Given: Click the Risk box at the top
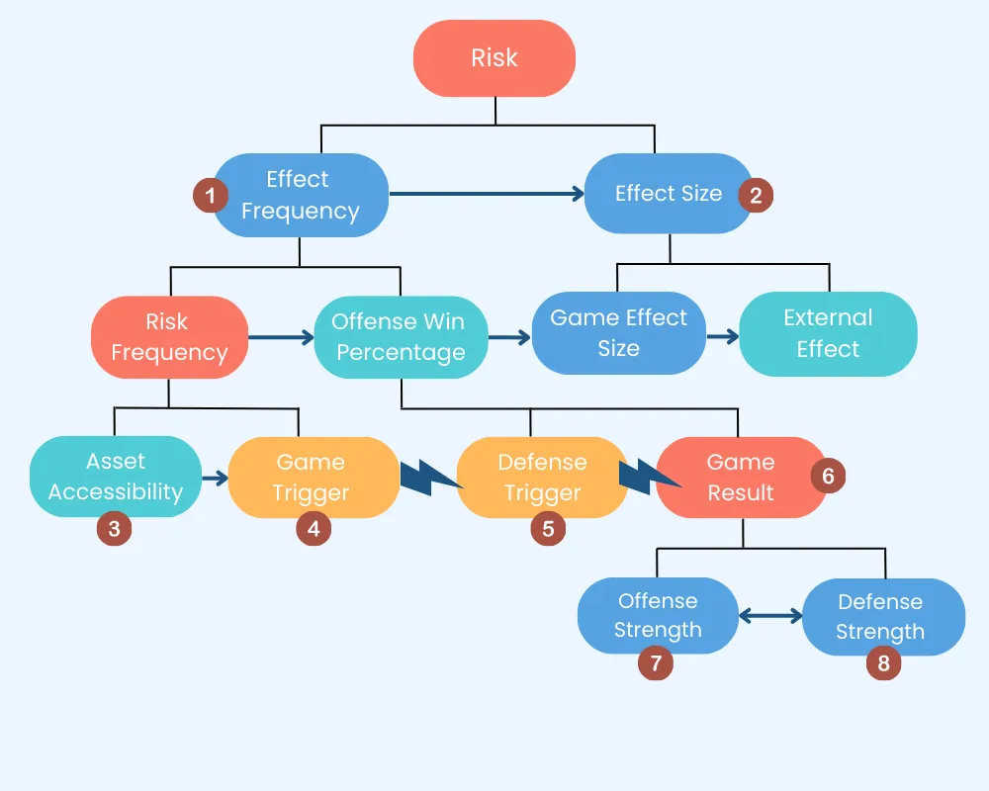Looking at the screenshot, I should (494, 58).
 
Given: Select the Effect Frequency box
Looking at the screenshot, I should (300, 195).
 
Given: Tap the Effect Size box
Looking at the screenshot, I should (669, 194).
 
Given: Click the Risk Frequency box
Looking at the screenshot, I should (169, 337).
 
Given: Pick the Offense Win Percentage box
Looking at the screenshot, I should (401, 337).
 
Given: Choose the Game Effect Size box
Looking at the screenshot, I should (618, 333).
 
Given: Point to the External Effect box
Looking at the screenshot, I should (828, 333).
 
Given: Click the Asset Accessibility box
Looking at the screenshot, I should (116, 477).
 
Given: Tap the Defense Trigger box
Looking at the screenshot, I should (542, 478).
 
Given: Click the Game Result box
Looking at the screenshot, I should (741, 478).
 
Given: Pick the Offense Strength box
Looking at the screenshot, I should (658, 616).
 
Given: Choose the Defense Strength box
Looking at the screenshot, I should (880, 617).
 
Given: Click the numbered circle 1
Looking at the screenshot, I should (211, 195).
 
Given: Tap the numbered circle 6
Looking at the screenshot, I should (828, 477).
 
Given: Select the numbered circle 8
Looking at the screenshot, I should (884, 663).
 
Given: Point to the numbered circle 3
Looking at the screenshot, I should (115, 529).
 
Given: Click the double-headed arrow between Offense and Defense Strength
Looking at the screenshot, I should (770, 616).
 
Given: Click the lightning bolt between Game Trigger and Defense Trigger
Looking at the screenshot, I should (429, 478).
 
